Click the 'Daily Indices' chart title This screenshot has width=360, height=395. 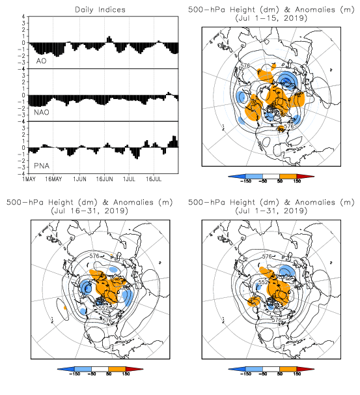pyautogui.click(x=100, y=10)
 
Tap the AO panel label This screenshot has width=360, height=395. pyautogui.click(x=41, y=61)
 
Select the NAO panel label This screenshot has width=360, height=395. pyautogui.click(x=42, y=112)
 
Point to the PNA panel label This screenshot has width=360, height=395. pyautogui.click(x=42, y=166)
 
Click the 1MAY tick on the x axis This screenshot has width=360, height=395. pyautogui.click(x=29, y=179)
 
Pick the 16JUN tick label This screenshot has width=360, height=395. pyautogui.click(x=104, y=179)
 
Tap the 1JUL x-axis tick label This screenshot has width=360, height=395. pyautogui.click(x=129, y=179)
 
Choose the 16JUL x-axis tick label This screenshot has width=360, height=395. pyautogui.click(x=154, y=179)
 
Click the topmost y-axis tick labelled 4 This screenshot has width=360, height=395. pyautogui.click(x=23, y=17)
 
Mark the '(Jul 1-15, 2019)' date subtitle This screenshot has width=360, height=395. pyautogui.click(x=271, y=18)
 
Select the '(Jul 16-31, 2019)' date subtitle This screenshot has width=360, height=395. pyautogui.click(x=89, y=211)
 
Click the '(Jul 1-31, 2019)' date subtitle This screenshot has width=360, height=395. pyautogui.click(x=271, y=211)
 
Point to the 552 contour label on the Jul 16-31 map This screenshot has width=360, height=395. pyautogui.click(x=104, y=308)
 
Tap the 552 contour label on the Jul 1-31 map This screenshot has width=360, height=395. pyautogui.click(x=263, y=282)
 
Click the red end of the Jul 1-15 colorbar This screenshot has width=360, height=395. pyautogui.click(x=305, y=177)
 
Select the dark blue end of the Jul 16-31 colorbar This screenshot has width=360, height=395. pyautogui.click(x=66, y=369)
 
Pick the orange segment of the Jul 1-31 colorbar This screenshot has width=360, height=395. pyautogui.click(x=288, y=369)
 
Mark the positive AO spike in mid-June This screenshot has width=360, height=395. pyautogui.click(x=109, y=39)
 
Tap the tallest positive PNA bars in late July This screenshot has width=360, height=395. pyautogui.click(x=174, y=141)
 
